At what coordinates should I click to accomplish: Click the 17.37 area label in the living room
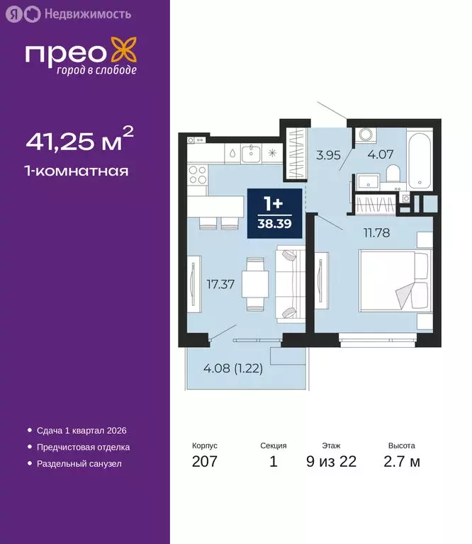(x=220, y=285)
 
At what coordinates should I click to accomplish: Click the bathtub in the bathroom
(x=419, y=159)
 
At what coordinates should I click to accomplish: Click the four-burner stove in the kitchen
(x=198, y=174)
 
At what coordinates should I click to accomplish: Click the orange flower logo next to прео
(x=125, y=54)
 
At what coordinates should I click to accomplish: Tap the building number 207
(x=205, y=462)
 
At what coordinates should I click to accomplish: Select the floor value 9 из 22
(x=331, y=462)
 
